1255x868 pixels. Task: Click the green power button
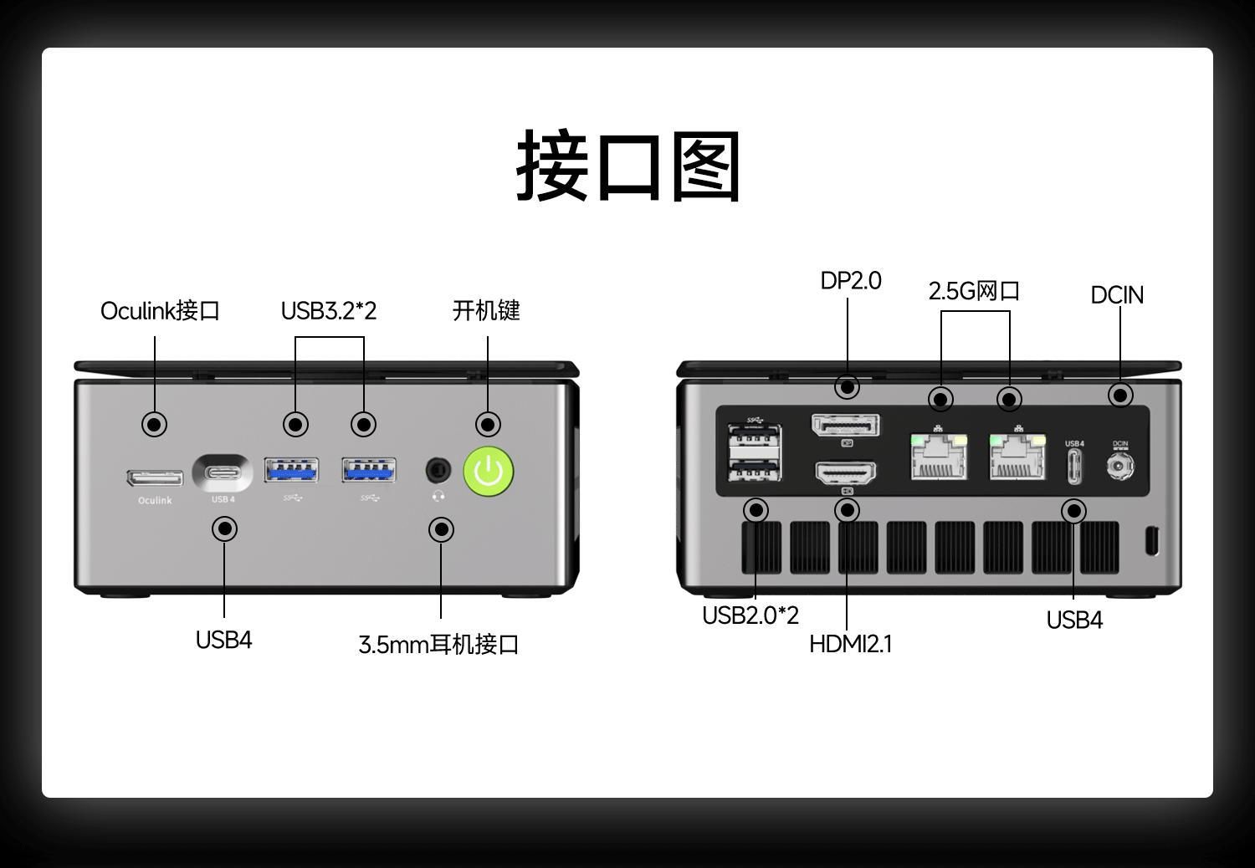tap(489, 471)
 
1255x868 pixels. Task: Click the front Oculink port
tap(155, 477)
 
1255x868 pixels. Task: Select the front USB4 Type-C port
tap(223, 473)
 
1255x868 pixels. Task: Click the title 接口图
tap(627, 166)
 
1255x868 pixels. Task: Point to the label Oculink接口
tap(160, 311)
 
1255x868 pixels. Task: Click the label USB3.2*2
tap(329, 311)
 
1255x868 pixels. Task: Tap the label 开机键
tap(486, 311)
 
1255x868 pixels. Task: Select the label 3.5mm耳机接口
tap(438, 645)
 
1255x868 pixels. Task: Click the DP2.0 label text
tap(850, 281)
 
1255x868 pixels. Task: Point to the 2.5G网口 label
tap(974, 291)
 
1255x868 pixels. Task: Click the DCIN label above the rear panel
tap(1117, 295)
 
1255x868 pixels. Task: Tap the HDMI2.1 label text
tap(850, 644)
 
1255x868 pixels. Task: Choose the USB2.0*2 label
tap(750, 615)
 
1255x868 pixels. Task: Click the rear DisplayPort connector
tap(846, 426)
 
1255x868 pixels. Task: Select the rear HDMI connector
tap(846, 473)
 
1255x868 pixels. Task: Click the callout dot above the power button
tap(488, 424)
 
